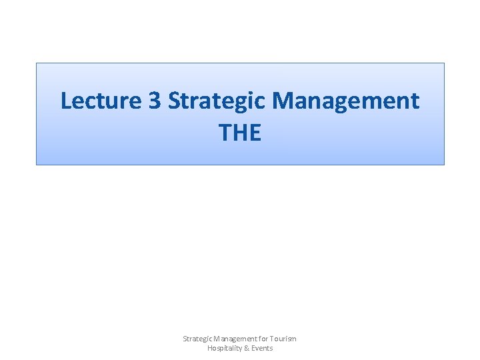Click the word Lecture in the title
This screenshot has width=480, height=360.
click(101, 101)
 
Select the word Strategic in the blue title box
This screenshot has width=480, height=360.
click(218, 101)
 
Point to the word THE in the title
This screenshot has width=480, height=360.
click(240, 133)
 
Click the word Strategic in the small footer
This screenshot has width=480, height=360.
click(198, 339)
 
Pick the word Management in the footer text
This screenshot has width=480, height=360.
click(235, 339)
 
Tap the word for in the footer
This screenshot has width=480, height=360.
click(263, 339)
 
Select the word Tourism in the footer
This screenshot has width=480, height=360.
click(283, 339)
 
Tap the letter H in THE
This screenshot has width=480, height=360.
click(239, 133)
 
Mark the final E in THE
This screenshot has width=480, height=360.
click(255, 133)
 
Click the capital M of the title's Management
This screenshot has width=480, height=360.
click(284, 101)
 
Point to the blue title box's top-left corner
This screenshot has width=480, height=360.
click(36, 63)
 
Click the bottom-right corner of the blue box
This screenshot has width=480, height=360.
click(444, 164)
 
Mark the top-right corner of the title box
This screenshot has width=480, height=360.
click(444, 63)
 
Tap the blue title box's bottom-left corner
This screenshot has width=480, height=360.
click(36, 164)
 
